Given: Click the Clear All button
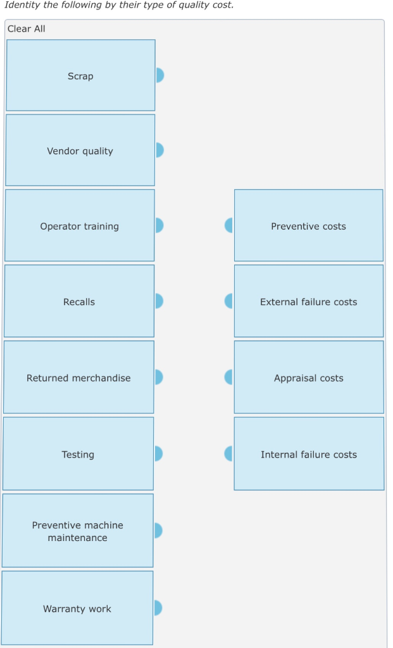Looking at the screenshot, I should point(27,29).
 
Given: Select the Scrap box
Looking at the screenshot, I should point(80,76).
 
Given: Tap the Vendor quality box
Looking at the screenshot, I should point(80,151).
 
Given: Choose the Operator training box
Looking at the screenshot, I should point(79,226).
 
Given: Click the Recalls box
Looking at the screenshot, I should point(79,302).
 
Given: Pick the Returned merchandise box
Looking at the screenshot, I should point(78,378).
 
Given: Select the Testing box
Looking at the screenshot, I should point(78,454).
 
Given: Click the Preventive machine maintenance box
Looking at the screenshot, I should point(78,531).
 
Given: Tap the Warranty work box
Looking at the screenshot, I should point(77,609).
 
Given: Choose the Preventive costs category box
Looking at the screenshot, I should point(308,226).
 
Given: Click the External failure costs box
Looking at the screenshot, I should point(308,302).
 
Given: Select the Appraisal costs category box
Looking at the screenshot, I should point(308,378).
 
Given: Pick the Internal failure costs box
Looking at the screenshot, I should point(308,454).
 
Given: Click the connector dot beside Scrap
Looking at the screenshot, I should point(159,75).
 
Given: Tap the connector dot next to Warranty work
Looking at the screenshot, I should point(158,608).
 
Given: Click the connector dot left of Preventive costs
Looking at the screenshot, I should point(229,225).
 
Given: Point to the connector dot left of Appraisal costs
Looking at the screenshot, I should point(229,377).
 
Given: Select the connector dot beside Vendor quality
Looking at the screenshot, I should point(159,150).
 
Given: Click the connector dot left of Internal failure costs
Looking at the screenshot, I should point(229,454).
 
